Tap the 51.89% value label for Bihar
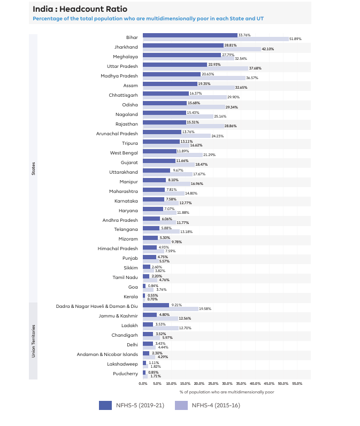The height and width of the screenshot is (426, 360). tap(296, 39)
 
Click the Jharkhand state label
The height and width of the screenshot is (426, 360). tap(126, 47)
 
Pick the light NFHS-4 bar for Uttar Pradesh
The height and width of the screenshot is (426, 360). tap(195, 68)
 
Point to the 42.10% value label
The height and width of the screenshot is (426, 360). tap(268, 49)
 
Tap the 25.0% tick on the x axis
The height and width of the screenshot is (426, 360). tap(213, 384)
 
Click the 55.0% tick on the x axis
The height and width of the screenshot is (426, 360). tap(297, 384)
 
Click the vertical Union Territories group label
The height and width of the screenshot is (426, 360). tap(33, 340)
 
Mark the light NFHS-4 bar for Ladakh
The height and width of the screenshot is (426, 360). tap(160, 328)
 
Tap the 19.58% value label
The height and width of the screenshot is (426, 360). tap(205, 309)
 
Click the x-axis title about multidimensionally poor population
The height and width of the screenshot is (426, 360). tap(227, 392)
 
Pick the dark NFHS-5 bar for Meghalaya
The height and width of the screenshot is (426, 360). tap(182, 55)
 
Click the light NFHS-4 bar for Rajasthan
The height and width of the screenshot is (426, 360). tap(183, 126)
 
